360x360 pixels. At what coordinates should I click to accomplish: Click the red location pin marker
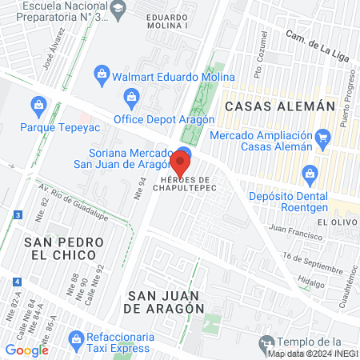pos(180,166)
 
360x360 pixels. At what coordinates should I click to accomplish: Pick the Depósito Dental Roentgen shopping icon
pos(310,174)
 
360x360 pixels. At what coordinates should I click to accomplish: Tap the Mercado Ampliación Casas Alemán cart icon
pos(323,138)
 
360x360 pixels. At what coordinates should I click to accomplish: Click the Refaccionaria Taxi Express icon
pos(77,338)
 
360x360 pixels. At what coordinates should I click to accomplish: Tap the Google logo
pos(26,350)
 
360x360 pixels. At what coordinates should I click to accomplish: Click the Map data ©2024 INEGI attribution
pos(313,354)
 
